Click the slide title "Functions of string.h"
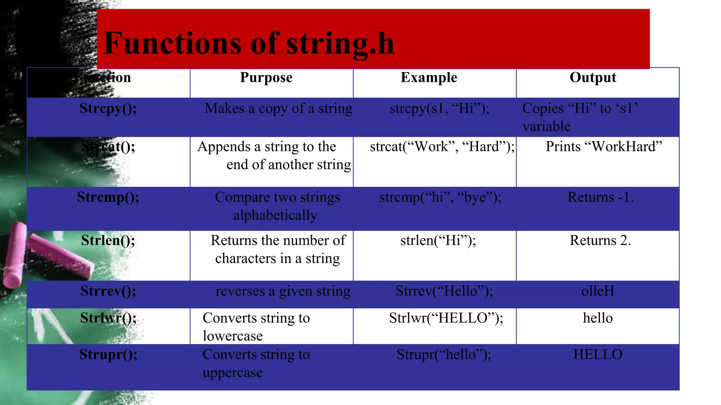point(249,43)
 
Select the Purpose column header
point(266,78)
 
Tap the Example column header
point(429,77)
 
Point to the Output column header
point(593,77)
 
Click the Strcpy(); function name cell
point(108,108)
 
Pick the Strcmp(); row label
point(108,197)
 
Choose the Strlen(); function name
point(108,240)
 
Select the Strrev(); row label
point(108,291)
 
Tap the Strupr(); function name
point(108,354)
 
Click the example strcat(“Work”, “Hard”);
point(442,147)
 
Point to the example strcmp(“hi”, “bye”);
point(440,197)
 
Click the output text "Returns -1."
point(601,197)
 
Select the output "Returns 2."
point(600,240)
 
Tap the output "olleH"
point(598,291)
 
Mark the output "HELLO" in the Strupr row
point(598,354)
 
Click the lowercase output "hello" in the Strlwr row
point(598,318)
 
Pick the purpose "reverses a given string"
point(283,291)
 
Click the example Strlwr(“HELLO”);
point(446,318)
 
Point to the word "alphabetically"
point(275,215)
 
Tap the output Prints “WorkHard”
point(604,147)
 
